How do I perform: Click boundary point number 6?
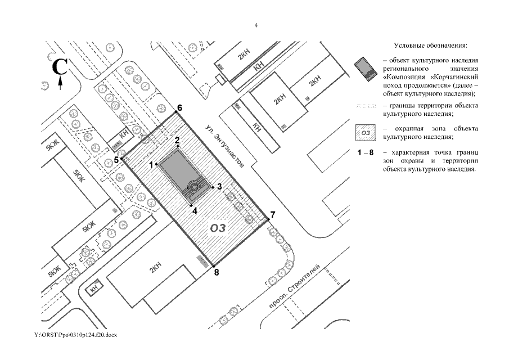coord(175,112)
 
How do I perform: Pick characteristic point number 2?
coord(178,146)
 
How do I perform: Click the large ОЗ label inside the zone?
coord(218,228)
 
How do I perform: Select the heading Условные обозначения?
coord(431,45)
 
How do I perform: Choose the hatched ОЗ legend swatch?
coord(366,133)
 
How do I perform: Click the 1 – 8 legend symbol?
coord(366,153)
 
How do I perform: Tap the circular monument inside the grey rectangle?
coord(194,187)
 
